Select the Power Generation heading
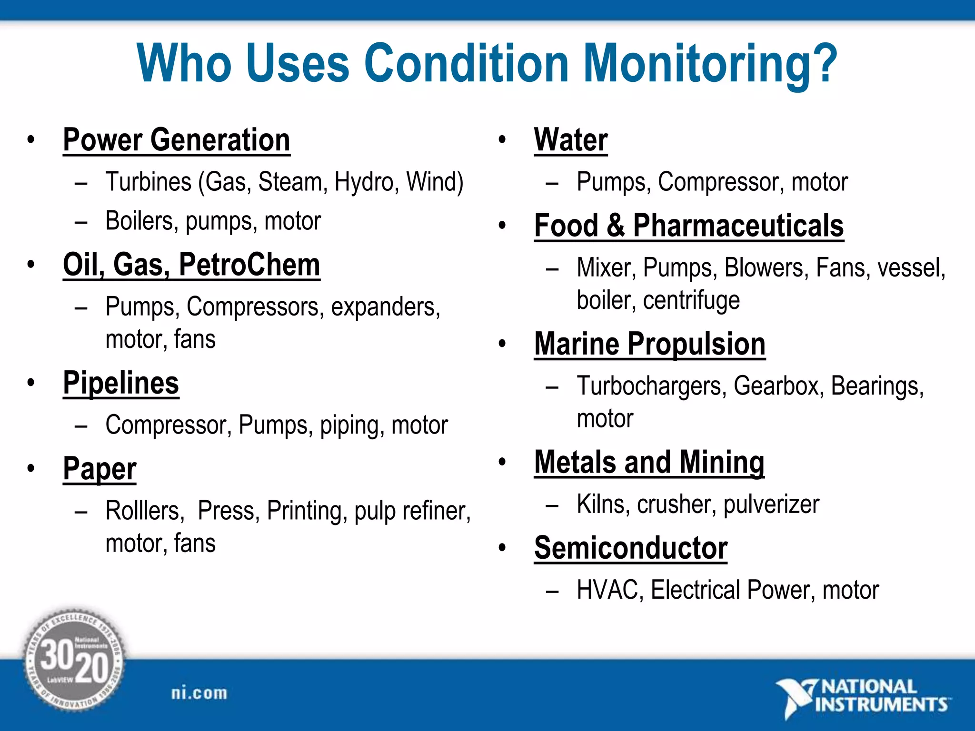tap(176, 140)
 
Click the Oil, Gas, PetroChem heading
tap(191, 265)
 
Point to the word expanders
tap(385, 307)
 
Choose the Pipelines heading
tap(121, 383)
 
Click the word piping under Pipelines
tap(351, 425)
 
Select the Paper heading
tap(99, 469)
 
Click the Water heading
tap(571, 140)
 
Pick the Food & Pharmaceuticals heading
tap(688, 226)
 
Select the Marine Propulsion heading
tap(649, 344)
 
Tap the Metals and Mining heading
tap(649, 462)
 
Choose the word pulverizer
tap(771, 504)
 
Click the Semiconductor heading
tap(630, 548)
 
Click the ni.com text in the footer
tap(199, 693)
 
